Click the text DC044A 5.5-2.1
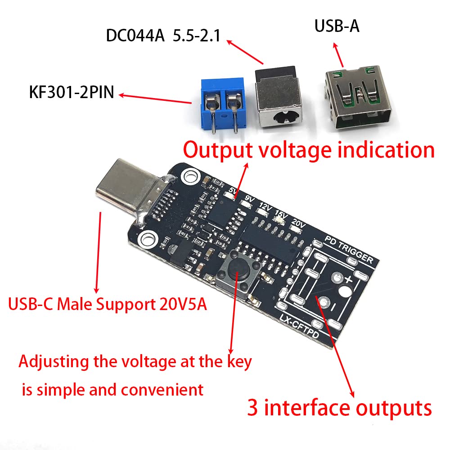coord(163,36)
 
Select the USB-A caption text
coord(337,26)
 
